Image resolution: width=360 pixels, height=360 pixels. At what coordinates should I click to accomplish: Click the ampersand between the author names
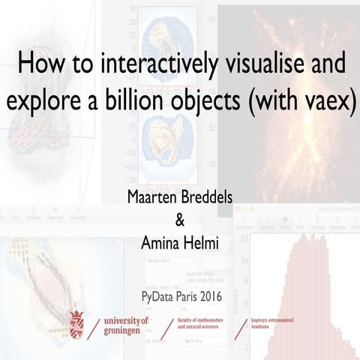[x=179, y=220]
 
